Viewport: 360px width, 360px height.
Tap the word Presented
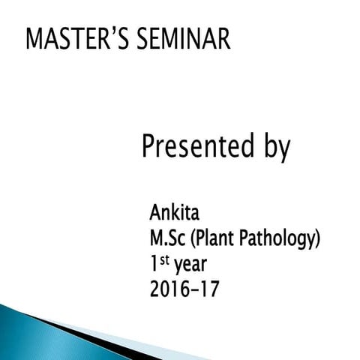pyautogui.click(x=198, y=146)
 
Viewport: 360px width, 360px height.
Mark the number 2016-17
pyautogui.click(x=184, y=288)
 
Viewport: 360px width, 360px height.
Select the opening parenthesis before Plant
pyautogui.click(x=193, y=240)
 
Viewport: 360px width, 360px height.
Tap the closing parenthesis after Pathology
pyautogui.click(x=318, y=240)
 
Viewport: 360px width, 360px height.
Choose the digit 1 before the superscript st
pyautogui.click(x=154, y=264)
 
